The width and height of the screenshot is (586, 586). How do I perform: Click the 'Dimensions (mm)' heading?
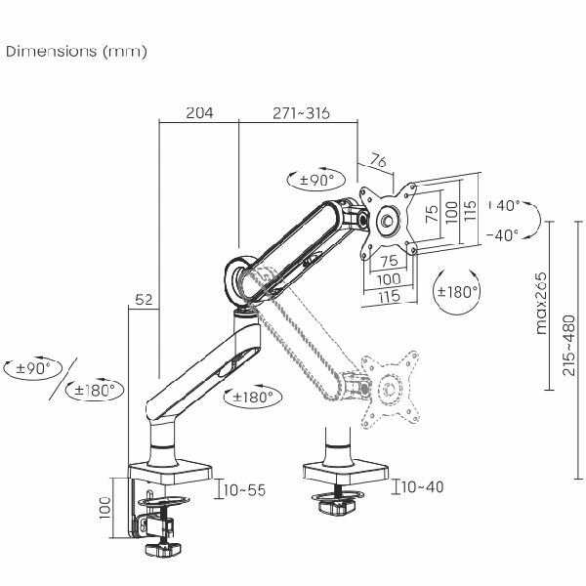point(76,51)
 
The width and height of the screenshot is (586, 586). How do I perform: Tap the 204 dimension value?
point(199,112)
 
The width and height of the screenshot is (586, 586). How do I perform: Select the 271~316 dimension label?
point(301,113)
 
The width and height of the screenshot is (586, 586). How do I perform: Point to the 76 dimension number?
point(378,161)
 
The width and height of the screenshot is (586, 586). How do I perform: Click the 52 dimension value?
point(144,300)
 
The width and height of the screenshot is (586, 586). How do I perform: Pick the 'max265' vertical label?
point(540,303)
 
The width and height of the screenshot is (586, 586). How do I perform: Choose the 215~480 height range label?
point(568,345)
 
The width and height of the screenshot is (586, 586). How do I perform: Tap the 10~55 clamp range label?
point(245,490)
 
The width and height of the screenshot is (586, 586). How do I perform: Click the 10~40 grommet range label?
point(423,486)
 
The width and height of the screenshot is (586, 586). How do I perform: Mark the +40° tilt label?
point(504,205)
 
